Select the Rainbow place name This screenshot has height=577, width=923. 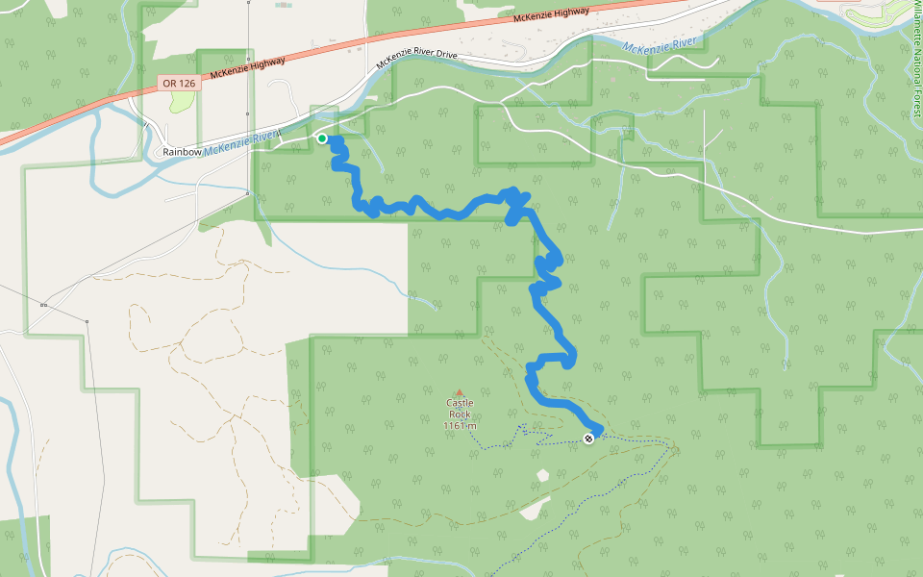(182, 152)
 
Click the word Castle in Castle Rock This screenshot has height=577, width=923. (460, 403)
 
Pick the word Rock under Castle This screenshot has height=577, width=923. (460, 414)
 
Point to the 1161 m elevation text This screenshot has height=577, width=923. (460, 426)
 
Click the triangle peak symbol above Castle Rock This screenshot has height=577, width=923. (460, 392)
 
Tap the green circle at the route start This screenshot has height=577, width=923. (322, 138)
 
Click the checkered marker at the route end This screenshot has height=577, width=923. (588, 439)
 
